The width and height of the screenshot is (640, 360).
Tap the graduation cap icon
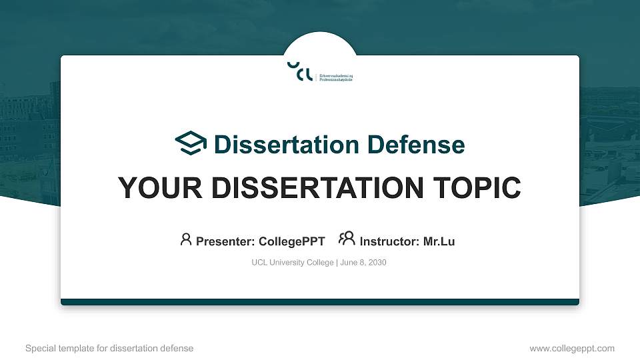coord(191,143)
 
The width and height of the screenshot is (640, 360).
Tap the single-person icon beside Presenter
coord(186,240)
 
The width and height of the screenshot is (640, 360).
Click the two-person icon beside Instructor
coord(347,240)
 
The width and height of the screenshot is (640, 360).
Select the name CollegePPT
coord(292,241)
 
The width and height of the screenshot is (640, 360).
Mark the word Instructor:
coord(390,241)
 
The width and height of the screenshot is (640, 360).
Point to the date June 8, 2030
coord(363,263)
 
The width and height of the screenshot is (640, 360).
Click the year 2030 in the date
coord(377,263)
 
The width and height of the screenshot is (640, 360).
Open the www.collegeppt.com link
coord(571,348)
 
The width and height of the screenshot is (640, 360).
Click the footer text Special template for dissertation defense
coord(109,348)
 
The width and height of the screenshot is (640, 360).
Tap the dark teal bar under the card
coord(320,302)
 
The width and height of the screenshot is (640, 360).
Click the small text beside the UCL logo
coord(337,77)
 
